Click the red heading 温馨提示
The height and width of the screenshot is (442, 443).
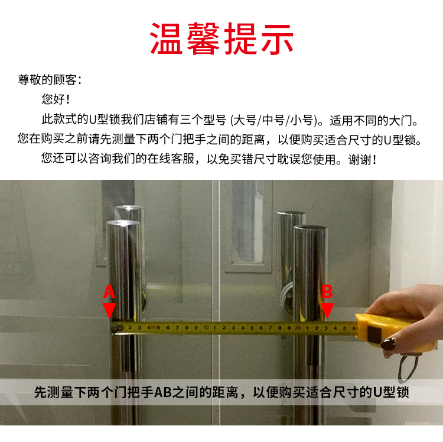pyautogui.click(x=221, y=39)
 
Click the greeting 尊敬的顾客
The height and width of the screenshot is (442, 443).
pyautogui.click(x=47, y=80)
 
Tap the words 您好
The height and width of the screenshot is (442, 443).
pyautogui.click(x=53, y=99)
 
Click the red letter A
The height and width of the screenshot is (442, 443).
pyautogui.click(x=109, y=292)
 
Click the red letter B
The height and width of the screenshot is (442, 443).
pyautogui.click(x=327, y=292)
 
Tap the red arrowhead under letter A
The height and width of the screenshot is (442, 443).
pyautogui.click(x=109, y=311)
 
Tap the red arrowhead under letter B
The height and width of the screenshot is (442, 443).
pyautogui.click(x=327, y=311)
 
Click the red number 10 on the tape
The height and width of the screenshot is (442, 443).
pyautogui.click(x=206, y=328)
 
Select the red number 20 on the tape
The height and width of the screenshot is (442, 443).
pyautogui.click(x=298, y=328)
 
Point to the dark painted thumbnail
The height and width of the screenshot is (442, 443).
pyautogui.click(x=388, y=344)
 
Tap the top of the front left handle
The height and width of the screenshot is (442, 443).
pyautogui.click(x=123, y=224)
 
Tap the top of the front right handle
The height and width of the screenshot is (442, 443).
pyautogui.click(x=310, y=228)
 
